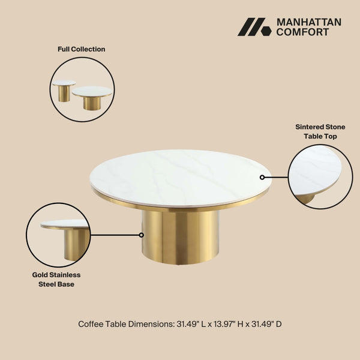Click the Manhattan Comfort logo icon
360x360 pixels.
coord(254,27)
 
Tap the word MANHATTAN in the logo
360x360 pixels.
coord(308,22)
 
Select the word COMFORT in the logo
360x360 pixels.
coord(302,32)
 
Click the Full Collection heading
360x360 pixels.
coord(81,49)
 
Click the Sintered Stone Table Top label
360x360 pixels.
coord(320,131)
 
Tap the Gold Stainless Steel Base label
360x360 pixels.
coord(56,279)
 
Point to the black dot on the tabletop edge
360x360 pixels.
coord(262,177)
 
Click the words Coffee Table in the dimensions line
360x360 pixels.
coord(103,324)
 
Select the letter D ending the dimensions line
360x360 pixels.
coord(278,324)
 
